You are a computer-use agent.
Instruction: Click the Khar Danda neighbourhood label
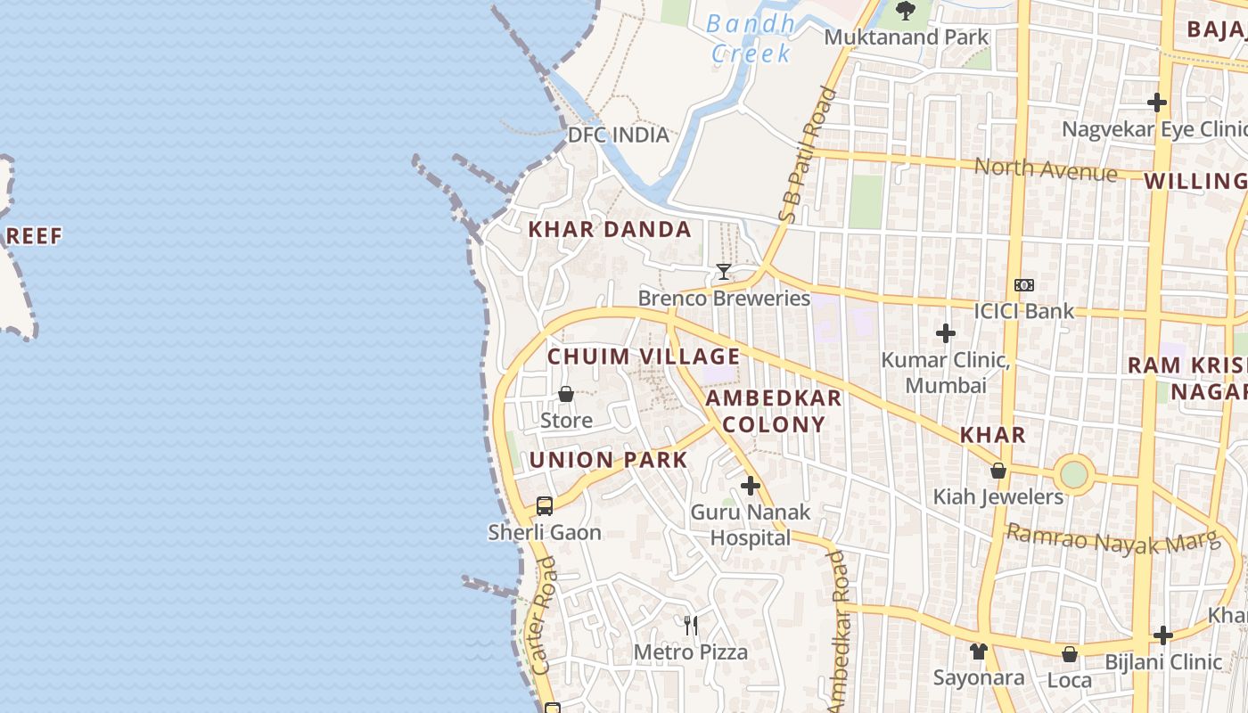[610, 229]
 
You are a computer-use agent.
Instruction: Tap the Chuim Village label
[644, 356]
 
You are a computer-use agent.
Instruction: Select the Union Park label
[609, 460]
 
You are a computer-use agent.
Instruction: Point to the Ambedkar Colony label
[774, 411]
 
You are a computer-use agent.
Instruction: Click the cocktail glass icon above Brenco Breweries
[723, 271]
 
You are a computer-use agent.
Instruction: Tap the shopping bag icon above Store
[566, 393]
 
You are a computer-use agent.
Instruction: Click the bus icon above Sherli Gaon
[545, 505]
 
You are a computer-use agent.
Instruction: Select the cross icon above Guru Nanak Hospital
[751, 486]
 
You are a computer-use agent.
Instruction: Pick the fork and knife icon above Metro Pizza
[691, 625]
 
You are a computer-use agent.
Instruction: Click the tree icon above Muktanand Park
[906, 11]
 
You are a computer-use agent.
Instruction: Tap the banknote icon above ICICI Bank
[1024, 285]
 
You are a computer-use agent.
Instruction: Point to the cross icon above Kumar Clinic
[946, 333]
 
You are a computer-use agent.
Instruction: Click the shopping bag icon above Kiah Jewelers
[998, 470]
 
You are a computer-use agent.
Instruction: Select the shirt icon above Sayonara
[979, 652]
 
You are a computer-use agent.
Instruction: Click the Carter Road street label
[543, 615]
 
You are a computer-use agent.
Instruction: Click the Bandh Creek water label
[750, 38]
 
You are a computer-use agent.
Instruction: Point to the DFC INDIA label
[619, 135]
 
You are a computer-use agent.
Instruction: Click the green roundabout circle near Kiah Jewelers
[1074, 474]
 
